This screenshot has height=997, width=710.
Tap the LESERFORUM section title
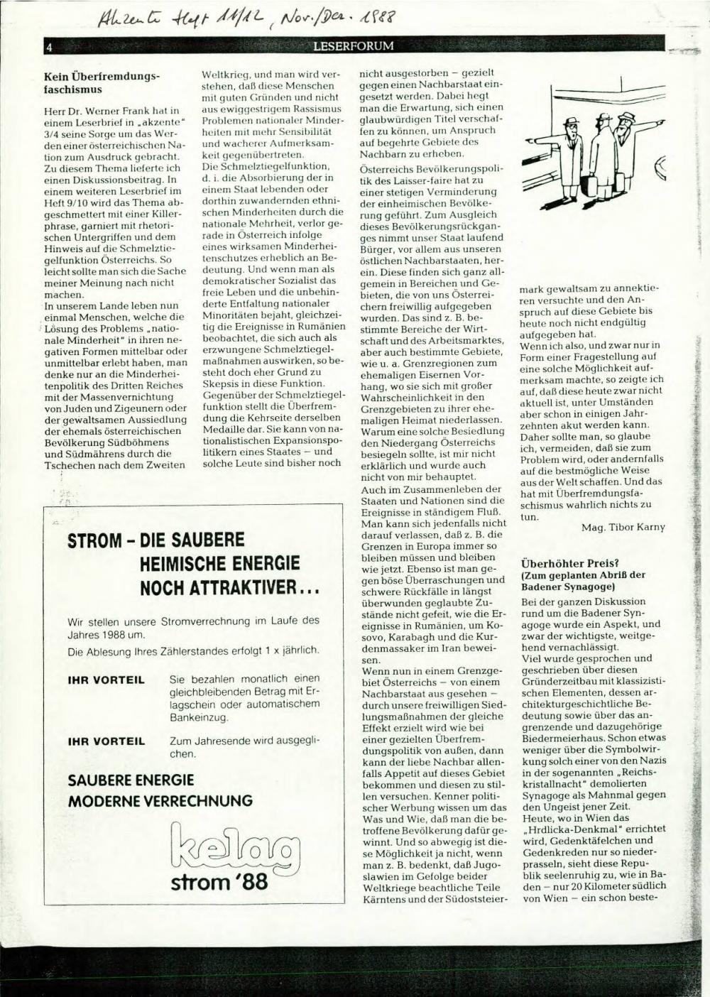(353, 48)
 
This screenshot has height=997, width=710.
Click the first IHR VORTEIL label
(106, 680)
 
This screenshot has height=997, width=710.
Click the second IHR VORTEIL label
(106, 741)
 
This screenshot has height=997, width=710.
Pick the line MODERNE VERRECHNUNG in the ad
(160, 801)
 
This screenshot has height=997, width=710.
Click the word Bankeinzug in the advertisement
(199, 718)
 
